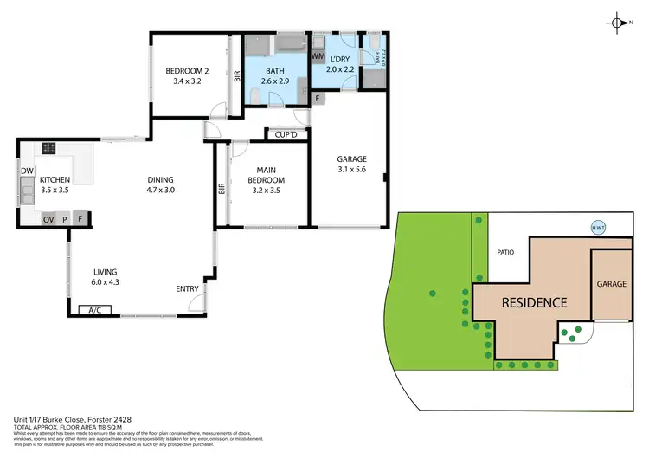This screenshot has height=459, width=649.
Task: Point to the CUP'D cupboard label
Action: click(286, 135)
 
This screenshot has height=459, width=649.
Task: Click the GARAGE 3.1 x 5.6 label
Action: click(352, 165)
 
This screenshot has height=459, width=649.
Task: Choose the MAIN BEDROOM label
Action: click(266, 176)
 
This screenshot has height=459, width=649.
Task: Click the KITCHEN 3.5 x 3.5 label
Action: click(54, 184)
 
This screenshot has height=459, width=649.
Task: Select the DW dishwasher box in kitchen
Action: click(27, 171)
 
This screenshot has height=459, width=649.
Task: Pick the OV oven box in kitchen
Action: click(48, 219)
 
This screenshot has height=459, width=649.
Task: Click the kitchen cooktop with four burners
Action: click(48, 147)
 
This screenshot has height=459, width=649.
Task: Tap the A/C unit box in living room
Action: click(94, 310)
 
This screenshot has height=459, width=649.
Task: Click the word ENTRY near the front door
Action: click(187, 289)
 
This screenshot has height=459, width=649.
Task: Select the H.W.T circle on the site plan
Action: click(596, 229)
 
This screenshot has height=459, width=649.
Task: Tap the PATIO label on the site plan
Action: click(506, 253)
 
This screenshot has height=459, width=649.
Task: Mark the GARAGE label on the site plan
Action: click(610, 284)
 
